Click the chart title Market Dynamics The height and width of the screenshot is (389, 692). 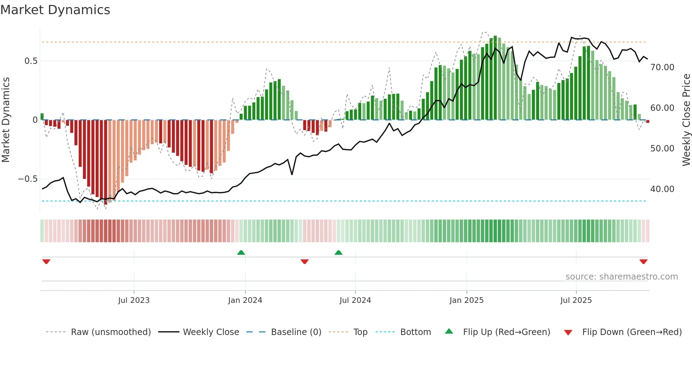55,10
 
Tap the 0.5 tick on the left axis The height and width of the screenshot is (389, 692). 31,61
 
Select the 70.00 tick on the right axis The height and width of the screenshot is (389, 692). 662,67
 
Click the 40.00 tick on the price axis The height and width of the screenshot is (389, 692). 662,189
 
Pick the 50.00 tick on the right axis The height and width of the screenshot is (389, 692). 662,149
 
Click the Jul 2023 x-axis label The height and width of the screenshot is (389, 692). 134,300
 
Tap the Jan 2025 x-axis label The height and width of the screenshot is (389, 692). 466,300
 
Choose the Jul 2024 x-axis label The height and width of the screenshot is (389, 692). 355,300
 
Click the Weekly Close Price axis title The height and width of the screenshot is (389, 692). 686,120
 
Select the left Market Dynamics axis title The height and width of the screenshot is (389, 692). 6,120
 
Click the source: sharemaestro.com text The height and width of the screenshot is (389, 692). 621,277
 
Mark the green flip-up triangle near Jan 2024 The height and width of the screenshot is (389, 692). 241,253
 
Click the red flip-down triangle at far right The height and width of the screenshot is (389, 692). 643,262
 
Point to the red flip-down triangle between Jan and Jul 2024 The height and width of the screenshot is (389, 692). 305,262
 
